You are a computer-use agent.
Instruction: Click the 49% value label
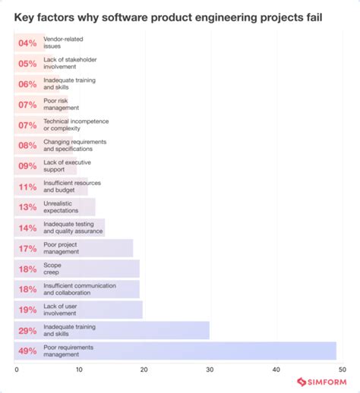(x=27, y=351)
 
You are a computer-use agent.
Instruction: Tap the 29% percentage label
(x=27, y=330)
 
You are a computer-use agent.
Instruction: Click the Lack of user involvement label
(x=62, y=310)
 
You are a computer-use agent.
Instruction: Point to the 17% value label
(x=27, y=248)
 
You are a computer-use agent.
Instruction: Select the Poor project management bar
(x=106, y=248)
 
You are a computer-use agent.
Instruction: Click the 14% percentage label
(x=27, y=228)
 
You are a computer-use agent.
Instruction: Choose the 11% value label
(x=27, y=187)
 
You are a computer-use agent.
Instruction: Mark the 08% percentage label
(x=27, y=146)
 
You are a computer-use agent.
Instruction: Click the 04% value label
(x=27, y=43)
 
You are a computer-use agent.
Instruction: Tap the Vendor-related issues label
(x=62, y=43)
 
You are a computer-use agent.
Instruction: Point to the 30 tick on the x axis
(x=210, y=369)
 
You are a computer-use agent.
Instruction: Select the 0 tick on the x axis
(x=16, y=369)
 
